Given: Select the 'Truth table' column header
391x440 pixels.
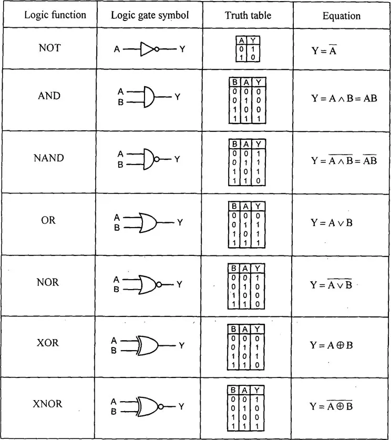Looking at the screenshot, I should coord(248,15).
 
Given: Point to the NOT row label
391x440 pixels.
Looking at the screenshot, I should coord(49,48).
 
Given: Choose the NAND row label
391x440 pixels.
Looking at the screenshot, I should coord(48,158).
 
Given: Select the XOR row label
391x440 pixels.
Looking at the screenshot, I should coord(48,343).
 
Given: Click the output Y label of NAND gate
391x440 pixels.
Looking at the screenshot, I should coord(177,159).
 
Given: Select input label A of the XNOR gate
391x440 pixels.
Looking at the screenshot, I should coord(114,401).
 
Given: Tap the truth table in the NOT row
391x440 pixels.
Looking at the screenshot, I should coord(243,48).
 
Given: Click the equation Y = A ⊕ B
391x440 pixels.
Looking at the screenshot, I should coord(331,345).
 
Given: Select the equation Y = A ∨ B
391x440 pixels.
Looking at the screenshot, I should coord(331,222).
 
